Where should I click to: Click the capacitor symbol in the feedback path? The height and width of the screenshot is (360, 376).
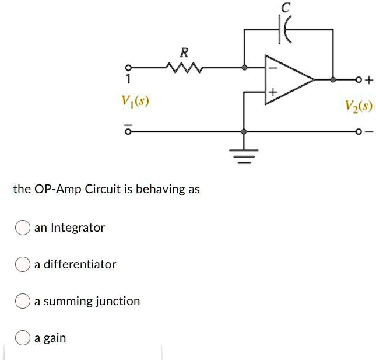(288, 29)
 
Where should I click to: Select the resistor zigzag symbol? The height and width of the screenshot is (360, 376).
(183, 68)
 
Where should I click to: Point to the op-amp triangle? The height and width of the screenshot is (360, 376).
(287, 79)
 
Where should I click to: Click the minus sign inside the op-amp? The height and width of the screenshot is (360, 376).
(271, 68)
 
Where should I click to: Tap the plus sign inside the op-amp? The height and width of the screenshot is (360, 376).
(272, 92)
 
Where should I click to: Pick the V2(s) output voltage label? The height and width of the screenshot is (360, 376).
(359, 106)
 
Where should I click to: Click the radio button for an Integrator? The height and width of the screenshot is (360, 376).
(23, 228)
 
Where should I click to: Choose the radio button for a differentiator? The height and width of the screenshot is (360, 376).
(23, 264)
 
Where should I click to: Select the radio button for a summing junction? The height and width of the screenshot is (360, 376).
(23, 302)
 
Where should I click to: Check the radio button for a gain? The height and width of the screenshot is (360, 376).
(23, 338)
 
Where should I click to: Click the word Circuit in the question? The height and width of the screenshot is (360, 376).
(103, 189)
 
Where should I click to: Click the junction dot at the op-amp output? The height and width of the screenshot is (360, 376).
(333, 79)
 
